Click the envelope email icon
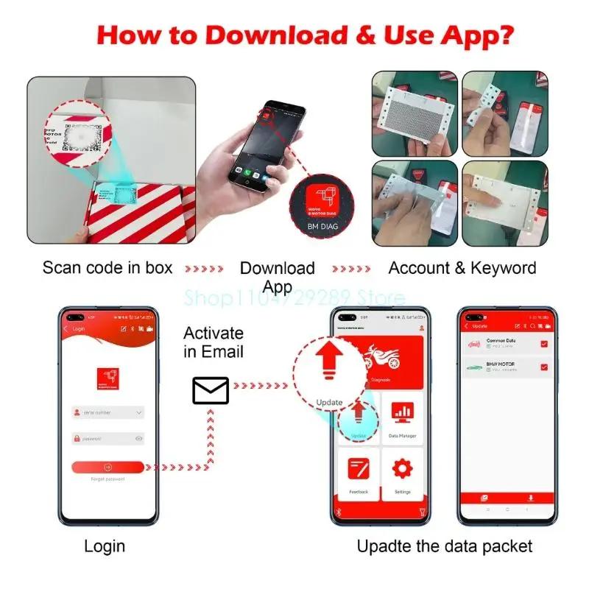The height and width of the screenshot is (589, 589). [x=211, y=390]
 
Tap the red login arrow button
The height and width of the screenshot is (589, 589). [x=107, y=467]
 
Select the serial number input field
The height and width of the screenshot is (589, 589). [x=107, y=413]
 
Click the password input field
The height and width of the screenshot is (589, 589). [x=107, y=439]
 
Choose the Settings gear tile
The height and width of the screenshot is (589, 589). [x=402, y=475]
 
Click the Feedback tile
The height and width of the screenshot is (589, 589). [x=359, y=475]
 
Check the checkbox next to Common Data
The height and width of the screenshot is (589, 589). [x=544, y=344]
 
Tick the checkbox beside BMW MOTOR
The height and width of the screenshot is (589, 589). [x=544, y=367]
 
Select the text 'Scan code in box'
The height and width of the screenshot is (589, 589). [x=107, y=267]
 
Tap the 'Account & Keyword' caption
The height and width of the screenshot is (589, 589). [x=462, y=267]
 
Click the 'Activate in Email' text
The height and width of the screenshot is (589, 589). [x=213, y=342]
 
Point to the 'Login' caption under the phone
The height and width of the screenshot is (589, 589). [x=105, y=546]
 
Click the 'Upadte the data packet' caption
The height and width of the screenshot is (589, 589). [x=445, y=546]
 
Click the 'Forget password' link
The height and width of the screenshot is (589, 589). [x=107, y=479]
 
